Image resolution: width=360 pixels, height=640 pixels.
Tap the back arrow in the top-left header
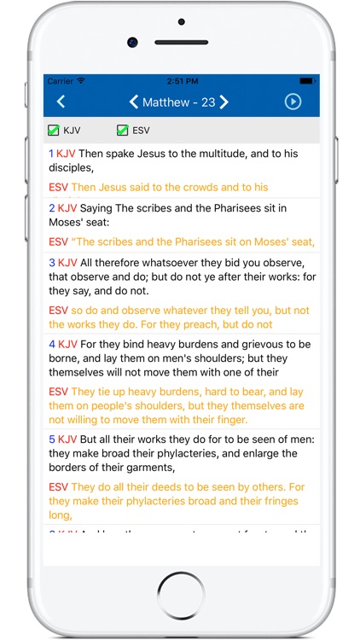coord(61,102)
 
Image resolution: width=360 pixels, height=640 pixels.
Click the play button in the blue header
coord(293,102)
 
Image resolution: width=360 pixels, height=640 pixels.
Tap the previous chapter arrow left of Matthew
coord(133,102)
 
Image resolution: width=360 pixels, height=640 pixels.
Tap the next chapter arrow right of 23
coord(224,102)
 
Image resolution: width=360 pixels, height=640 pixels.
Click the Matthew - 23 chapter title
coord(178,102)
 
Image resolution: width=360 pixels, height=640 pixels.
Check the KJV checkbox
coord(53,131)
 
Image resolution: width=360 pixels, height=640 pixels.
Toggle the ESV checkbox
coord(123,131)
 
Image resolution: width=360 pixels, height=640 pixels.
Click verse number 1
coord(51,154)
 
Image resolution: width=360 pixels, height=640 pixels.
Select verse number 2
coord(51,208)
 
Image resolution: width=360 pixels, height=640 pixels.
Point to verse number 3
coord(51,263)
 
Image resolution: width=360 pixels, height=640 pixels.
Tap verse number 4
coord(51,344)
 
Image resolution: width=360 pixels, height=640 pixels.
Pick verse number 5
coord(51,439)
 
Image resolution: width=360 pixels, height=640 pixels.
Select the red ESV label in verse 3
coord(58,311)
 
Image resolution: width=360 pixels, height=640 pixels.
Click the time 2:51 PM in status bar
coord(181,81)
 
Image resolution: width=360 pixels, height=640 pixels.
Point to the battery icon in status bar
coord(308,81)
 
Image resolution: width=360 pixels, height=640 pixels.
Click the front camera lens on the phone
coord(132,41)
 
